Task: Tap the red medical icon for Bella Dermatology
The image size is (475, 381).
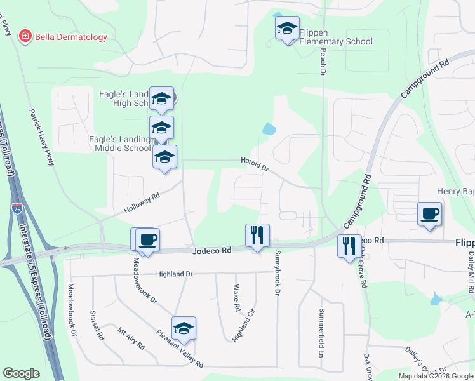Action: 25,37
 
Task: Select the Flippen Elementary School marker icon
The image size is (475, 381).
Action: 287,28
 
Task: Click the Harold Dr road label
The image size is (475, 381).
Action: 255,165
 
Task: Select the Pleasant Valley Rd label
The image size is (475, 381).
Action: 180,349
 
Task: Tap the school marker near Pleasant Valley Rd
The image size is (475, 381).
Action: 184,328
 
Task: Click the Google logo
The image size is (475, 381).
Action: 21,373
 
